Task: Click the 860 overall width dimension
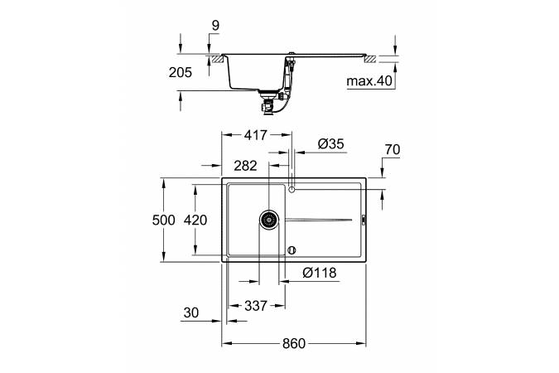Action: [x=294, y=344]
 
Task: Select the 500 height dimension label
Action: [x=164, y=220]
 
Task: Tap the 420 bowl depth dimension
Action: [x=195, y=220]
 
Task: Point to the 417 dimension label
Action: [x=256, y=135]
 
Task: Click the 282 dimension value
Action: [x=245, y=166]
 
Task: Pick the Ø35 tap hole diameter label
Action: [x=330, y=144]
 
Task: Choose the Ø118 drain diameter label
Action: [x=319, y=273]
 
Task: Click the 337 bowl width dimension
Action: [x=256, y=306]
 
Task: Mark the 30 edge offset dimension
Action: [x=191, y=313]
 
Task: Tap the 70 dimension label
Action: [x=393, y=149]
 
